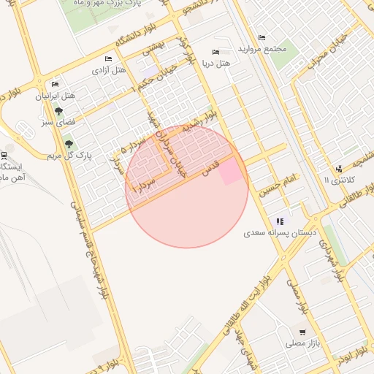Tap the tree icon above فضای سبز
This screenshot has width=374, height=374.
tap(58, 112)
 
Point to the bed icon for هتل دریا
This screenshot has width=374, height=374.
tap(215, 52)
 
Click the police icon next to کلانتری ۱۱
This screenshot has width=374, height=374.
tap(340, 168)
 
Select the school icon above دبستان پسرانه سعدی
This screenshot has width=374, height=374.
tap(280, 221)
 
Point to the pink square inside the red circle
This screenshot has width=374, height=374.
tap(232, 172)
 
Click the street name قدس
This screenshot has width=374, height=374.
tap(210, 169)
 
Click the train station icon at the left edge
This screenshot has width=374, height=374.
tap(4, 155)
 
